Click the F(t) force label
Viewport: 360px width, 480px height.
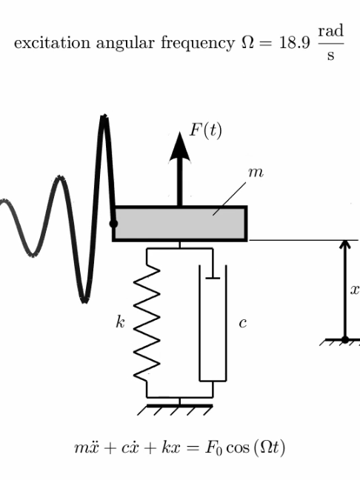click(x=206, y=130)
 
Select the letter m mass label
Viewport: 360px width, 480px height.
click(x=256, y=173)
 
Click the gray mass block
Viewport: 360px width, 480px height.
click(x=180, y=224)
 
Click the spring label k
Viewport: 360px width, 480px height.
click(x=120, y=321)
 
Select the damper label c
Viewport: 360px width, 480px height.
click(x=243, y=323)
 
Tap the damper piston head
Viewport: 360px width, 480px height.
click(x=213, y=278)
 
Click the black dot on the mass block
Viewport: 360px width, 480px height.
click(x=113, y=224)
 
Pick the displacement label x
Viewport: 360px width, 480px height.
click(x=355, y=290)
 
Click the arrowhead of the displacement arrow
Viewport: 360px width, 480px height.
click(x=345, y=244)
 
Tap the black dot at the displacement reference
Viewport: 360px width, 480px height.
click(x=345, y=339)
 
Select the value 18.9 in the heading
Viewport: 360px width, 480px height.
click(x=295, y=43)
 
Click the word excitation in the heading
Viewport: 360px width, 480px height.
click(x=52, y=43)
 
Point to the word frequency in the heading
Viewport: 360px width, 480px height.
click(x=198, y=44)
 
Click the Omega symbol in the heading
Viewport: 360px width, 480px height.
click(x=248, y=42)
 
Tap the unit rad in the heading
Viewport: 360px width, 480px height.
click(x=331, y=31)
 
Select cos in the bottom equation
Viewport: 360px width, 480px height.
click(x=237, y=448)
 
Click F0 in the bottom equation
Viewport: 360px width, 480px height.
click(x=213, y=448)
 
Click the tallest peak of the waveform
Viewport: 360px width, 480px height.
click(x=104, y=116)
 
